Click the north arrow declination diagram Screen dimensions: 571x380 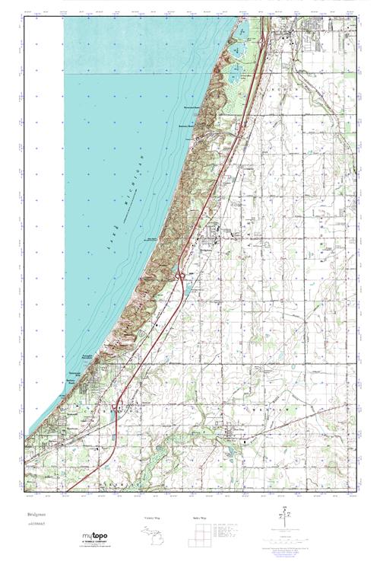286,515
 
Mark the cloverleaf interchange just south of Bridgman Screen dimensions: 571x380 182,274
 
